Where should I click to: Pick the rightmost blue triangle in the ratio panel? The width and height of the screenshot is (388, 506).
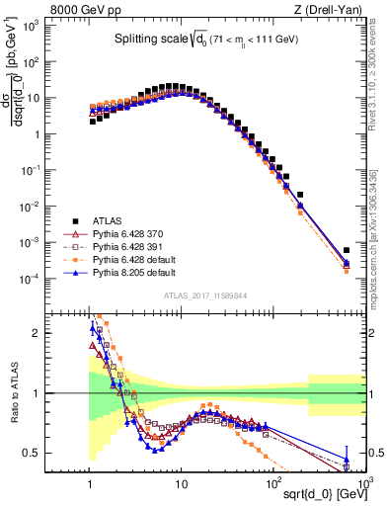[x=347, y=460]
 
